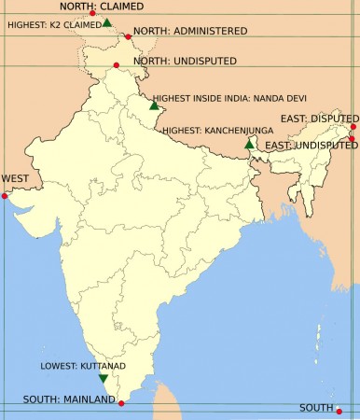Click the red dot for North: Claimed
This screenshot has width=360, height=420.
coord(92,14)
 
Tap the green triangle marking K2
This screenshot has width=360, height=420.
coord(107,22)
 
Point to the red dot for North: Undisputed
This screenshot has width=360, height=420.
coord(116,65)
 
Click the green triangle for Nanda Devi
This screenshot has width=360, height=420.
coord(154,105)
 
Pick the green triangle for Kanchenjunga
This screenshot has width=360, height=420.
coord(249,145)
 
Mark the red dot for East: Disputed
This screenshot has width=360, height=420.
coord(354,127)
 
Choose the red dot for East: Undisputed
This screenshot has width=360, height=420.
coord(352,139)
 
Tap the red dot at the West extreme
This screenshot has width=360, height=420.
coord(5,196)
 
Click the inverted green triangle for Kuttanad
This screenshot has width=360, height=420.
coord(103,379)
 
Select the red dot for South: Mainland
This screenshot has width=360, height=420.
coord(122,403)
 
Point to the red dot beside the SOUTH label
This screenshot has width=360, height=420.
coord(340,411)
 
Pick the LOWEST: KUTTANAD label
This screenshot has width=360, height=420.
coord(83,367)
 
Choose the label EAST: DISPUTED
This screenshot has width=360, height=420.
coord(319,119)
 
